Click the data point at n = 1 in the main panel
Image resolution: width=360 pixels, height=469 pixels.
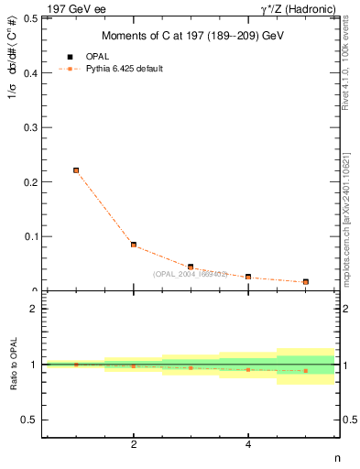click(x=76, y=170)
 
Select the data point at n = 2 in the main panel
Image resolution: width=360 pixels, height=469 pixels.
click(x=134, y=245)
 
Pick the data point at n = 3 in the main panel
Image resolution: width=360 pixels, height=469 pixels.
click(x=191, y=267)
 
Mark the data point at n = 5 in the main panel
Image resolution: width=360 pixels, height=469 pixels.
click(x=305, y=282)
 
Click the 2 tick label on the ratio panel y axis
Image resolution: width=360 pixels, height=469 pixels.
click(x=35, y=309)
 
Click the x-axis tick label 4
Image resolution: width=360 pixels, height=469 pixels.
click(x=248, y=445)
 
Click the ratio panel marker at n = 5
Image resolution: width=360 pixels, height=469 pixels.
click(x=305, y=371)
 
